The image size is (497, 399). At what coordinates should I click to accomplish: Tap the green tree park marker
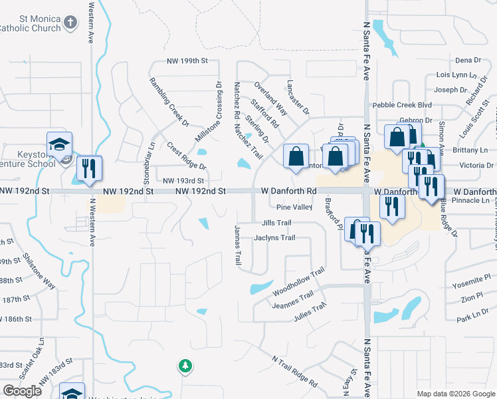(185, 366)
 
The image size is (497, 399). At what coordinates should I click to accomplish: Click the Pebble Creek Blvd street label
(402, 105)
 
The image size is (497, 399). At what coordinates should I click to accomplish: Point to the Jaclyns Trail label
(274, 238)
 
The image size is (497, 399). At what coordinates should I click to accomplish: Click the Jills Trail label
(277, 223)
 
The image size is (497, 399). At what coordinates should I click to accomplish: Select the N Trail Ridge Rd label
(293, 370)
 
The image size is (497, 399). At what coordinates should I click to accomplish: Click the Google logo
(23, 391)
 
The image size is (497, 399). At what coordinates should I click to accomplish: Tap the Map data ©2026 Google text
(455, 394)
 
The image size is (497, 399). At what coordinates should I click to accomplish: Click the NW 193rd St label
(183, 180)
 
